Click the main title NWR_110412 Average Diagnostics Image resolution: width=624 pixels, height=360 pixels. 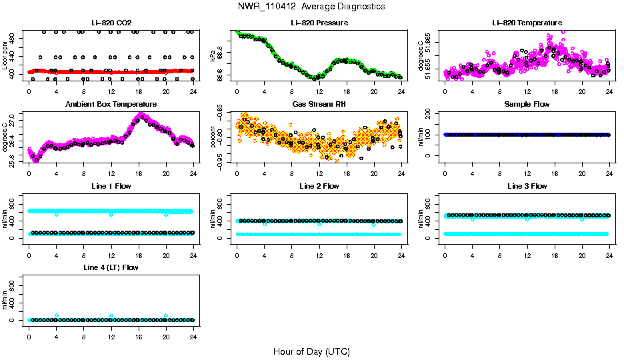click(311, 7)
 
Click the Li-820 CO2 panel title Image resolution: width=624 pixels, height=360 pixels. click(111, 23)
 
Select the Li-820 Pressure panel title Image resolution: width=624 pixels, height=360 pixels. click(319, 23)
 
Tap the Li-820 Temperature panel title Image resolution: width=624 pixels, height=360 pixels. click(527, 23)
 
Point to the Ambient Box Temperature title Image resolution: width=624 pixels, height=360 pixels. click(111, 105)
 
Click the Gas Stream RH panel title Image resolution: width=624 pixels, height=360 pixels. click(319, 105)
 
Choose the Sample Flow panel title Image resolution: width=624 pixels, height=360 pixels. click(527, 105)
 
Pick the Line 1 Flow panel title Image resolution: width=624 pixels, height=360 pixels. click(111, 186)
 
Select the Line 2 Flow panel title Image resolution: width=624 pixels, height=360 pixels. click(319, 186)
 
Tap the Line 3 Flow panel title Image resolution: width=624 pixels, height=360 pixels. click(527, 186)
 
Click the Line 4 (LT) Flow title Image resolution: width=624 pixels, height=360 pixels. click(111, 268)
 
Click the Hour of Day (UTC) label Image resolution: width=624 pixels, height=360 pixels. click(311, 351)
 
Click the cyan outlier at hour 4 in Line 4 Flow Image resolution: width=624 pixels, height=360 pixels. click(57, 315)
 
